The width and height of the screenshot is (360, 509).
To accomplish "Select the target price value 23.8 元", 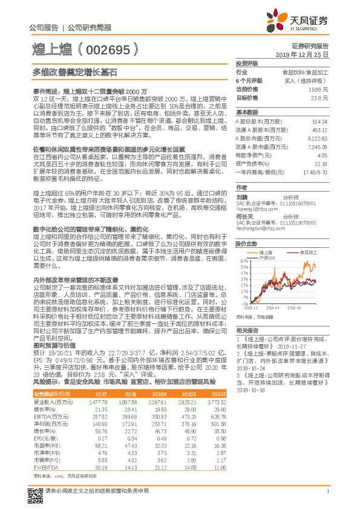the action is click(319, 97).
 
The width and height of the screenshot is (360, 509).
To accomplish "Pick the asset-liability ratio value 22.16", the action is click(321, 163).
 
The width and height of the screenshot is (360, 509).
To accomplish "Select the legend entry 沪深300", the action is click(268, 258).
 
